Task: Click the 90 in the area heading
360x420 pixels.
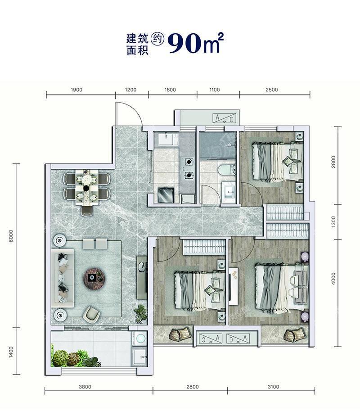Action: coord(184,43)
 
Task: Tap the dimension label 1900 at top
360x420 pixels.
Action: coord(76,90)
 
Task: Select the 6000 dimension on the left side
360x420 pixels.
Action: coord(11,236)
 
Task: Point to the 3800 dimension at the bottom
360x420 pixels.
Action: coord(85,387)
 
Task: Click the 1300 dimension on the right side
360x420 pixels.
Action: coord(333,221)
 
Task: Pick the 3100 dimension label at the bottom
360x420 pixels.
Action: coord(273,387)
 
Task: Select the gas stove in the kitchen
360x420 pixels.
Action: coord(189,168)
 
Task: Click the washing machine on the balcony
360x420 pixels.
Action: coord(139,339)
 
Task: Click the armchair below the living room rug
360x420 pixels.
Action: coord(92,313)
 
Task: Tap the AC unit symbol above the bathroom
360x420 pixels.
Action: coord(225,118)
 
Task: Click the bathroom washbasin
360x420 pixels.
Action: coord(229,190)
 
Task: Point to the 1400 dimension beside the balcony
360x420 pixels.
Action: coord(11,352)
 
